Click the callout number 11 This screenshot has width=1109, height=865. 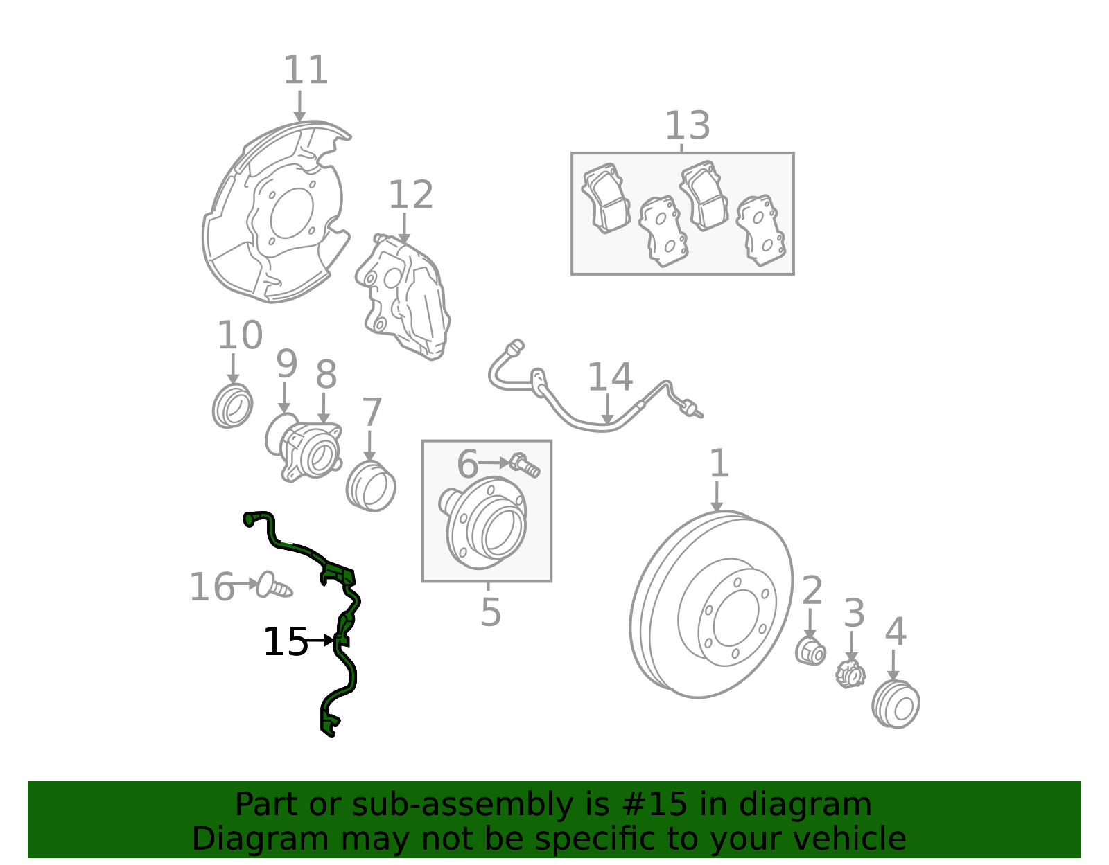pos(305,71)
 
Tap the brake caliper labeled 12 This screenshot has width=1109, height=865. pos(405,298)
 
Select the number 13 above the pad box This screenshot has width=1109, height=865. pos(687,126)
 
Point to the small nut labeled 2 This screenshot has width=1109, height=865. pos(810,652)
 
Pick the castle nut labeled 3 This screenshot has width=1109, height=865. pos(850,673)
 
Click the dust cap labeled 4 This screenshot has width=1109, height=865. pos(896,704)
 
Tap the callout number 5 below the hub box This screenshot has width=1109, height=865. pos(490,612)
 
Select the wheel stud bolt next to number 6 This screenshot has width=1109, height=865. pos(525,464)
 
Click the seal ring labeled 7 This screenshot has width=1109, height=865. pos(371,486)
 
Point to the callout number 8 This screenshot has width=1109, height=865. pos(326,375)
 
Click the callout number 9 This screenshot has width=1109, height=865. pos(286,364)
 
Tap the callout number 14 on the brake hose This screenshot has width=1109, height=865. pos(609,377)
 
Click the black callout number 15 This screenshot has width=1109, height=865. pos(285,642)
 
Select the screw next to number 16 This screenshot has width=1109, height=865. pos(273,586)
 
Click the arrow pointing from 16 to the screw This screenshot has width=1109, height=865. pos(243,584)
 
